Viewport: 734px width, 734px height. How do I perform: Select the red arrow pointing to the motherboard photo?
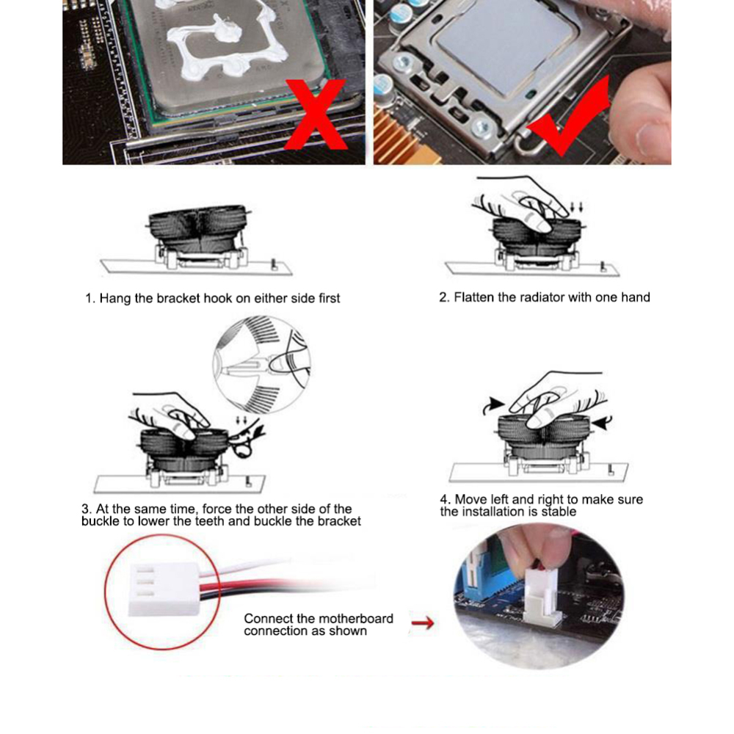coord(422,624)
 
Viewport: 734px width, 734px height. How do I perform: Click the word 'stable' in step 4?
coord(559,512)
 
